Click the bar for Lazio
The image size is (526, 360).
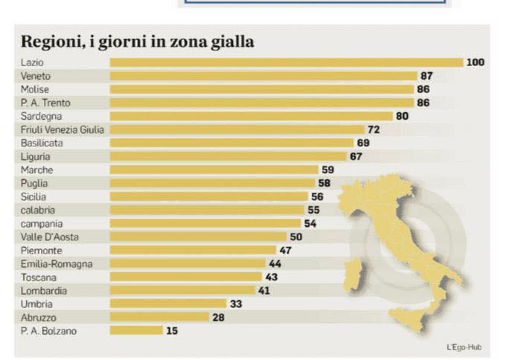pyautogui.click(x=286, y=62)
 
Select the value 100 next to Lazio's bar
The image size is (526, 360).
pyautogui.click(x=475, y=62)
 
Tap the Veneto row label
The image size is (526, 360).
pyautogui.click(x=36, y=76)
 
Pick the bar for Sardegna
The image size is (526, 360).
pyautogui.click(x=251, y=116)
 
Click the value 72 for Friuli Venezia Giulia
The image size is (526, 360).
pyautogui.click(x=373, y=130)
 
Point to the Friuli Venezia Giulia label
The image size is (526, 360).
pyautogui.click(x=63, y=130)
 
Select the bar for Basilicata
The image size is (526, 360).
pyautogui.click(x=231, y=143)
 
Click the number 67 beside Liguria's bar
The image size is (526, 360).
pyautogui.click(x=356, y=157)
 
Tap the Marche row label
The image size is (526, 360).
pyautogui.click(x=37, y=170)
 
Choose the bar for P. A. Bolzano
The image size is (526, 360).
pyautogui.click(x=136, y=331)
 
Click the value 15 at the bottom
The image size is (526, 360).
pyautogui.click(x=172, y=331)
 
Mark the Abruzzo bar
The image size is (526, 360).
pyautogui.click(x=159, y=317)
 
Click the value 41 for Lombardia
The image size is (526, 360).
pyautogui.click(x=264, y=290)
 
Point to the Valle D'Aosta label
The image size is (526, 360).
pyautogui.click(x=50, y=237)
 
